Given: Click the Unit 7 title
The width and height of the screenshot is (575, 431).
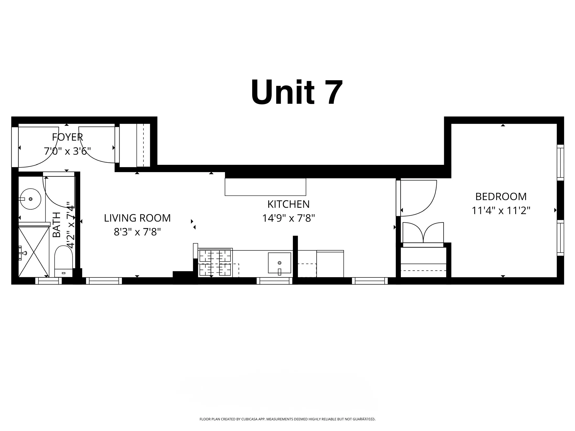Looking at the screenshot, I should point(297,92).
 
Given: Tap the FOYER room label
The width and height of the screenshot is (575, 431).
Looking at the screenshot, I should point(67,137).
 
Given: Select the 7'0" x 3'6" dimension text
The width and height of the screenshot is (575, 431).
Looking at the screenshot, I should point(67,151).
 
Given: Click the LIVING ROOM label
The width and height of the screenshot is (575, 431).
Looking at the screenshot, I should point(137,218).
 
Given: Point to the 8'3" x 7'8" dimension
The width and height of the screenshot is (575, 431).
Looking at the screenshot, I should point(137,232).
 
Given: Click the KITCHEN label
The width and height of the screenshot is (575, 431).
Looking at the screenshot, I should point(288,204).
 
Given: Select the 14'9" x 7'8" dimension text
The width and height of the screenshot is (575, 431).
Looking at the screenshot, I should point(288,218).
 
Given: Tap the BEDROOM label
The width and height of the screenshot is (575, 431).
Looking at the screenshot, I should point(501,197).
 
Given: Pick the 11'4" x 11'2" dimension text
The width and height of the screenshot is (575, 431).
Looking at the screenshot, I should point(501,210).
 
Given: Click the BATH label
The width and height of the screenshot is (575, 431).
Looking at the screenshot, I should point(57,225).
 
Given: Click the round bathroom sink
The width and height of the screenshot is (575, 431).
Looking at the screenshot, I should point(31,199).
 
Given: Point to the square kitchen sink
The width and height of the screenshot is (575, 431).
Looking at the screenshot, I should point(279,263).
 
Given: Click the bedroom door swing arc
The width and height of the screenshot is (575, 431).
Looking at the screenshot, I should point(420,199).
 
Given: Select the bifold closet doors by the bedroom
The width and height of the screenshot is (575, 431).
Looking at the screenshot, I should point(423,233).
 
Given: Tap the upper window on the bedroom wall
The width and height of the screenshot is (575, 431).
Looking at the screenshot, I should point(560,162).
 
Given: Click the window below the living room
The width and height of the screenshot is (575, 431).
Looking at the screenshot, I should point(104,281).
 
